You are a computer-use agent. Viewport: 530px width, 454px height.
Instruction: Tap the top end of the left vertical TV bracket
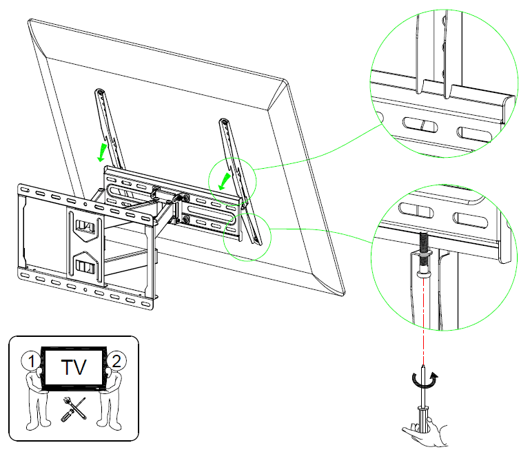[x=101, y=92]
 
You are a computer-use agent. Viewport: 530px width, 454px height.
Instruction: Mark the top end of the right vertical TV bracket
[x=225, y=123]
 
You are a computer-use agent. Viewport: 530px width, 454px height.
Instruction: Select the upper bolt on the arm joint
[x=185, y=198]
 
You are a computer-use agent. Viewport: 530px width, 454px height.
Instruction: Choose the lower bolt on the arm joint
[x=185, y=220]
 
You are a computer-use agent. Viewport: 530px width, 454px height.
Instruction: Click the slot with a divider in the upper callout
[x=419, y=125]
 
